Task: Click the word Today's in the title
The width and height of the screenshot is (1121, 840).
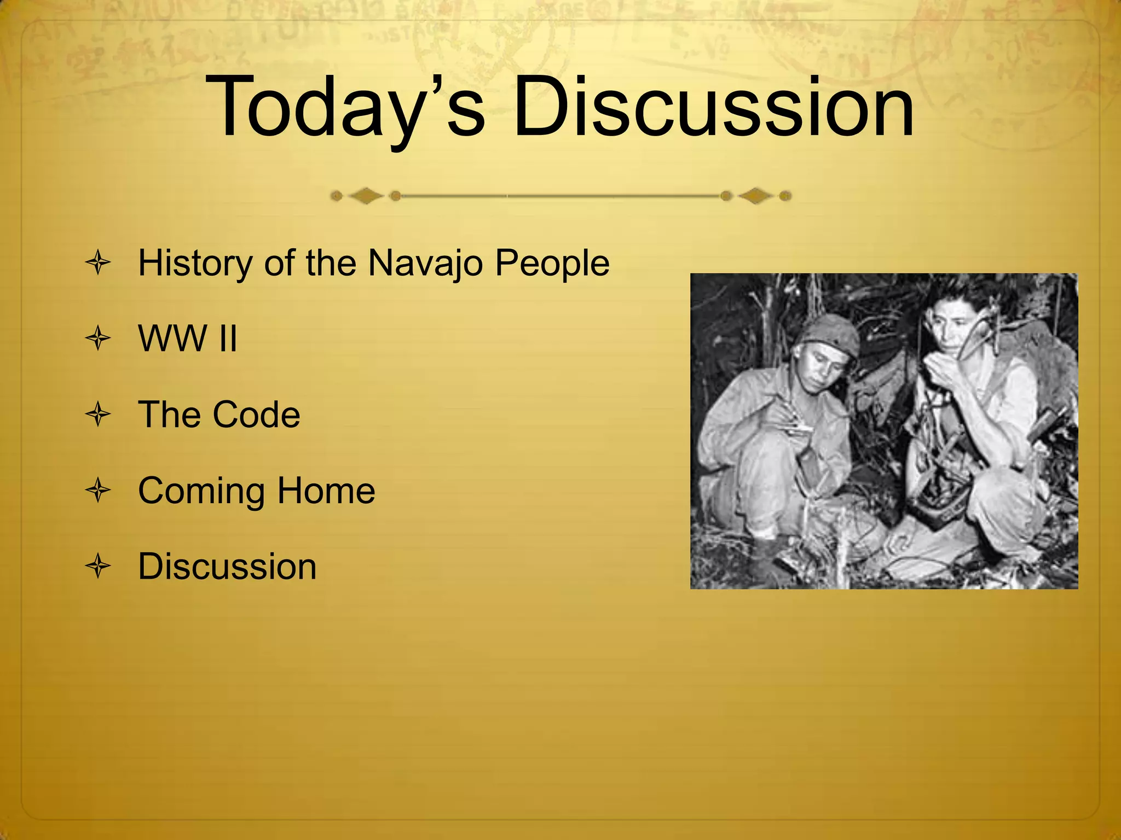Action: (345, 107)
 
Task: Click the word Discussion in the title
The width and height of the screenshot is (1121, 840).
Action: (713, 107)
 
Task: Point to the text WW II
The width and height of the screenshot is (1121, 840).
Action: (188, 339)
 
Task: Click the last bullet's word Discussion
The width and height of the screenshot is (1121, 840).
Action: (227, 566)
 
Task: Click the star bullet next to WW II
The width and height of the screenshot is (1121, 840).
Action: (99, 339)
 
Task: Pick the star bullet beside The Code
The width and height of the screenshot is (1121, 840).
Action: (99, 415)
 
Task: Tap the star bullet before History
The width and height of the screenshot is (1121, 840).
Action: (99, 263)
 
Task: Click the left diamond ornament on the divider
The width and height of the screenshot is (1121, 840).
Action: (366, 196)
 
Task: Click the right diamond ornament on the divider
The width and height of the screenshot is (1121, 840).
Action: (755, 196)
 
